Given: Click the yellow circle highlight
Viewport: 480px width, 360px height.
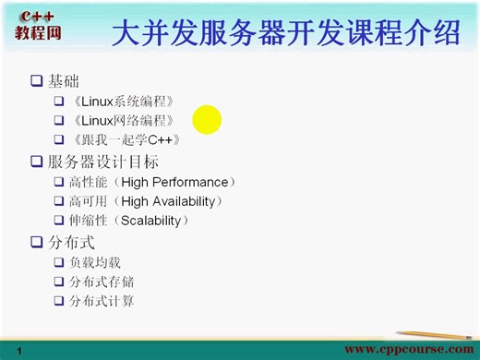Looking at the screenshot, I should tap(208, 120).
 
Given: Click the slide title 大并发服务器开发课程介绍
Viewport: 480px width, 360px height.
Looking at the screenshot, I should tap(285, 33).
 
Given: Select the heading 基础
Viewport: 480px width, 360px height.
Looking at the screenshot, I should tap(64, 80).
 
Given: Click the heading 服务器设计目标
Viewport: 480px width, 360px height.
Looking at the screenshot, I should tap(103, 162).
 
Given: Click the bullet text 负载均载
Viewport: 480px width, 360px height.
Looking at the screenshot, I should tap(94, 262).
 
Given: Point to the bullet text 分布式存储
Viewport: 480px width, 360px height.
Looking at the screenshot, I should tap(101, 282).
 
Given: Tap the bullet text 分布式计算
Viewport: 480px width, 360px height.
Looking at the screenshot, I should tap(101, 301).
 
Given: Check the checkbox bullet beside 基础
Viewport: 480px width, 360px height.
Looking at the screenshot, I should tap(37, 80).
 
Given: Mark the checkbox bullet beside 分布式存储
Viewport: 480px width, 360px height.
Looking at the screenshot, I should tap(59, 282).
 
